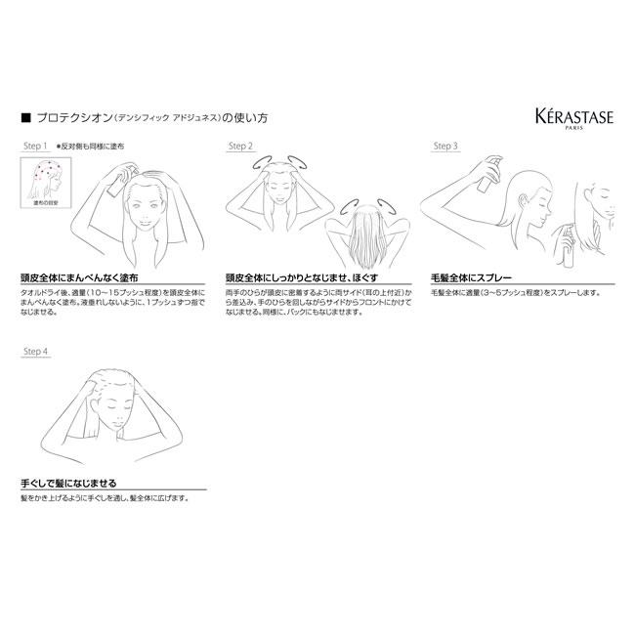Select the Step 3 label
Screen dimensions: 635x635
[x=444, y=146]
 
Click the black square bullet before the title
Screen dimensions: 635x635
[x=24, y=117]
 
